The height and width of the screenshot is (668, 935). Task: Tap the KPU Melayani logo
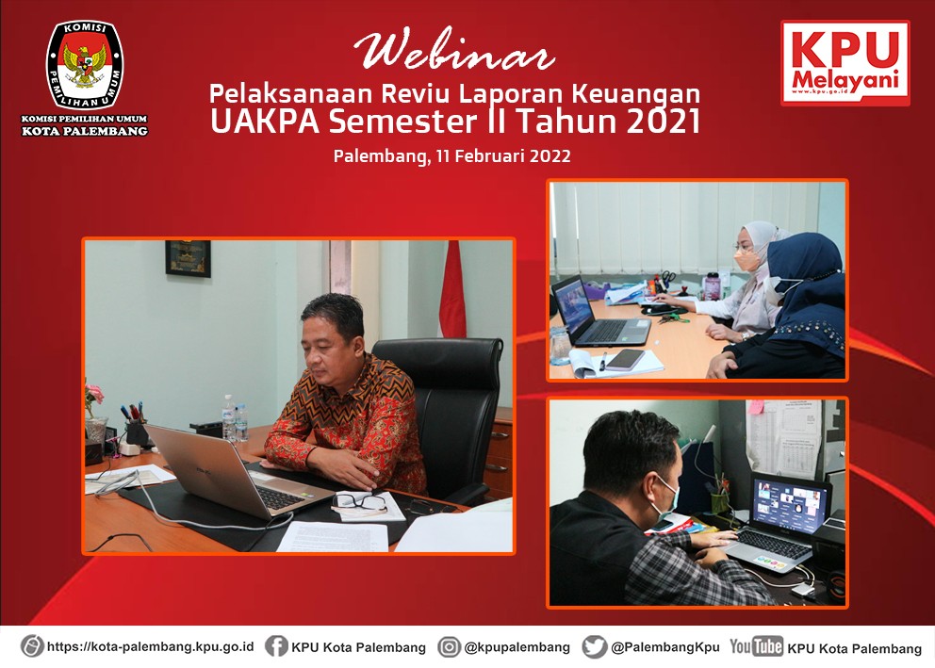pyautogui.click(x=845, y=63)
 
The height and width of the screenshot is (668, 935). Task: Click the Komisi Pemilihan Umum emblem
pyautogui.click(x=85, y=66)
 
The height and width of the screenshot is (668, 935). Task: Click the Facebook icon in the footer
pyautogui.click(x=276, y=646)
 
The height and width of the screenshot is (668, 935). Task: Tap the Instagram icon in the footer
pyautogui.click(x=449, y=646)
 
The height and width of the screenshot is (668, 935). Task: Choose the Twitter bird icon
pyautogui.click(x=595, y=646)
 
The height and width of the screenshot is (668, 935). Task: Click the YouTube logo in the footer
pyautogui.click(x=756, y=646)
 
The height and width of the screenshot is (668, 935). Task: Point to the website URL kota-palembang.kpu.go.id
pyautogui.click(x=150, y=646)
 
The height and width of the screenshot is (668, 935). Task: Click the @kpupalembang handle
pyautogui.click(x=517, y=647)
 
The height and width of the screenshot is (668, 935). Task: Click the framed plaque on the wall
pyautogui.click(x=188, y=258)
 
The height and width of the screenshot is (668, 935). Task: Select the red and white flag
pyautogui.click(x=452, y=289)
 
